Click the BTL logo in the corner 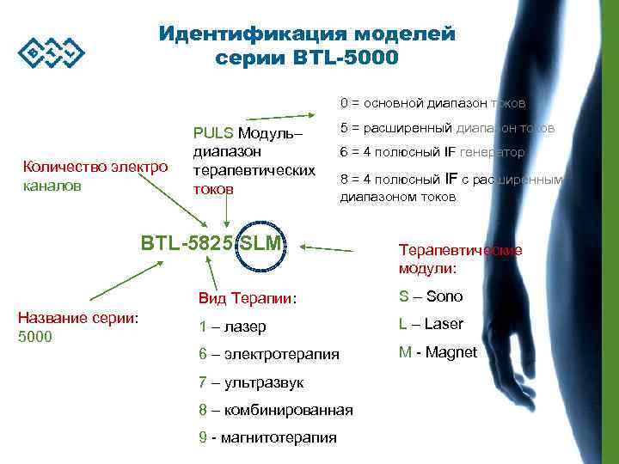[x=51, y=54]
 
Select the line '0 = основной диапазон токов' [x=432, y=103]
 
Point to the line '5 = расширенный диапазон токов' [x=447, y=128]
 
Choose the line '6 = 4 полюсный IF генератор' [x=432, y=152]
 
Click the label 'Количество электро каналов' [x=95, y=175]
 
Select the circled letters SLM [x=260, y=243]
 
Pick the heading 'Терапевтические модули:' [x=459, y=259]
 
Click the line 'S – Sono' [x=430, y=296]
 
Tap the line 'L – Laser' [x=431, y=324]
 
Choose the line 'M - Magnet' [x=437, y=351]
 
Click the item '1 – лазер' [x=232, y=327]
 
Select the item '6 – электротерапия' [x=268, y=354]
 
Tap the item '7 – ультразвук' [x=250, y=382]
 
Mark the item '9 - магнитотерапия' [x=267, y=437]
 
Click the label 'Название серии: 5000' [x=78, y=327]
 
